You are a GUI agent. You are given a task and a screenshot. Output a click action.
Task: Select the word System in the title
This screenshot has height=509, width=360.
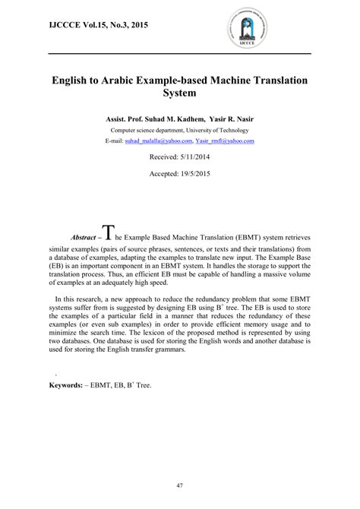pyautogui.click(x=180, y=93)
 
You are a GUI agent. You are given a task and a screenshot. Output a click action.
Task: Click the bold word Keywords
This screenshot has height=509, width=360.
pyautogui.click(x=65, y=385)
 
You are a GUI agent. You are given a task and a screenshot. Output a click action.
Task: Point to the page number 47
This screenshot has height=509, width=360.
pyautogui.click(x=180, y=485)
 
